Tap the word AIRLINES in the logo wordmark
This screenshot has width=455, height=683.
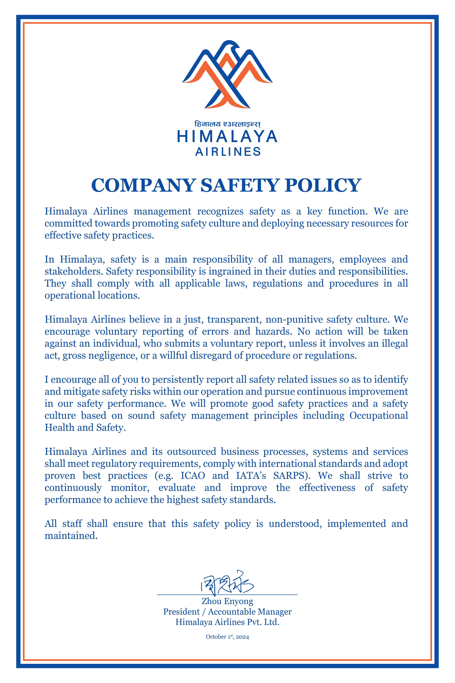tap(228, 152)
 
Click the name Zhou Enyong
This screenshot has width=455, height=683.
tap(227, 601)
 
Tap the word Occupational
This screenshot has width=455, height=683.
tap(379, 415)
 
